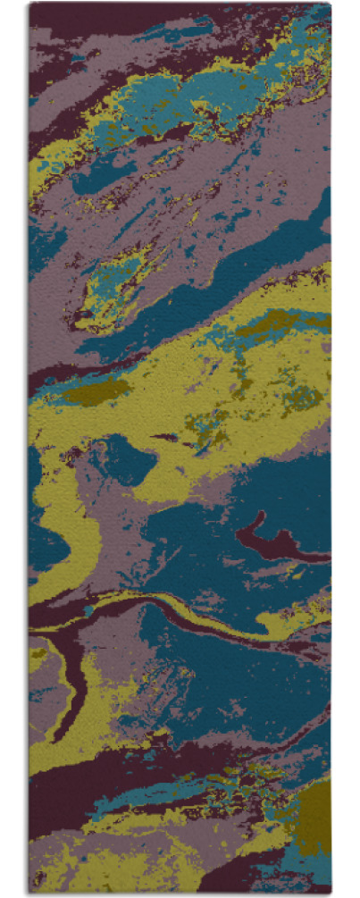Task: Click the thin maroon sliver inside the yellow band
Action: [x=165, y=438]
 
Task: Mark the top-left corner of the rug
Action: [x=29, y=4]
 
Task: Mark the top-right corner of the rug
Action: [x=330, y=4]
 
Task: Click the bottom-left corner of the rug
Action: [x=29, y=893]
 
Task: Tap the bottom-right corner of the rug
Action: [x=330, y=893]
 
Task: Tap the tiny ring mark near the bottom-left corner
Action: [x=38, y=877]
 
